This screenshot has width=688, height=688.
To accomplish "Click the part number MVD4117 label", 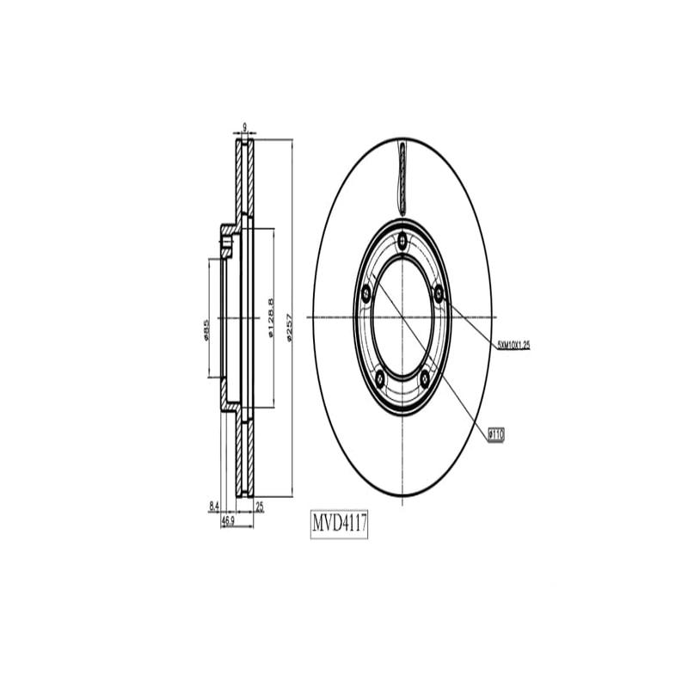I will [339, 523].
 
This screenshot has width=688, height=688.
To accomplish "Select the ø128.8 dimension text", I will [270, 318].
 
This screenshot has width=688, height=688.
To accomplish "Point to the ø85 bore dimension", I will [206, 330].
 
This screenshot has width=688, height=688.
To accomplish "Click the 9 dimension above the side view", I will [245, 128].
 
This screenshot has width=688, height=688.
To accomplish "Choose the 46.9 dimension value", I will [229, 520].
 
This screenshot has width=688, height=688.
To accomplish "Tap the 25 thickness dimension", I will [260, 507].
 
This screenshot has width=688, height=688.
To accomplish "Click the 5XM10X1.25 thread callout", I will [513, 344].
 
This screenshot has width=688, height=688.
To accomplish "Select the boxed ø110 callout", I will [495, 435].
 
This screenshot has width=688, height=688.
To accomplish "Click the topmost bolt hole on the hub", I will [402, 239].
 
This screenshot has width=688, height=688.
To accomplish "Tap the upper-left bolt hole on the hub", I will [366, 294].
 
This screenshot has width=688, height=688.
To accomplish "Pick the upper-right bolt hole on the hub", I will [439, 294].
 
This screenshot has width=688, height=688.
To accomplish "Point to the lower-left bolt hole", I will [380, 375].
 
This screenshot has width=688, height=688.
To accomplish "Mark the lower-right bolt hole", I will [425, 375].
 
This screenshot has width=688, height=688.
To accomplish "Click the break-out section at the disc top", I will [402, 176].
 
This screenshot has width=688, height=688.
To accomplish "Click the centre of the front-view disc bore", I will [402, 317].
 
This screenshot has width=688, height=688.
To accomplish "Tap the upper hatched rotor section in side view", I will [245, 181].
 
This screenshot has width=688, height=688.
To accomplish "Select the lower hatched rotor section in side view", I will [245, 456].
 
